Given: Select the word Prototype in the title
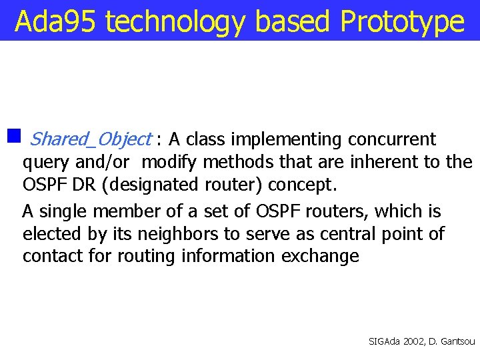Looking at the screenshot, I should coord(402,22).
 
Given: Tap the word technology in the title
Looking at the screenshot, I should coord(176,22).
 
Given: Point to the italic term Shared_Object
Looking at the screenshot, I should coord(91,139).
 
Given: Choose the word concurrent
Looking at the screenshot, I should coord(392,139).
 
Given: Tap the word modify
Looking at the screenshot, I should coord(171,161).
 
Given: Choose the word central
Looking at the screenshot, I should coord(351,234).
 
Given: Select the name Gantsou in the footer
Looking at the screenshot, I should coord(457,341).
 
